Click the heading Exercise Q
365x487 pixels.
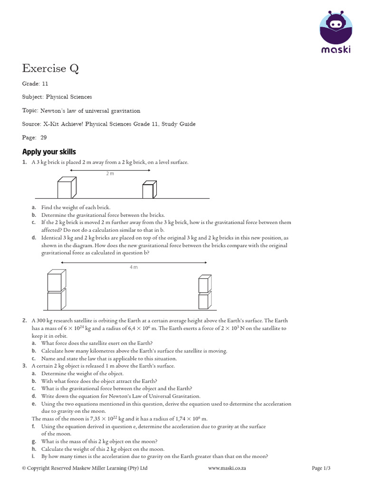click(x=50, y=68)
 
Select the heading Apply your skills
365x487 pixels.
click(x=49, y=152)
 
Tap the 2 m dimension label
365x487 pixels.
click(x=110, y=174)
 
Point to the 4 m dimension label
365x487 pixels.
click(x=134, y=268)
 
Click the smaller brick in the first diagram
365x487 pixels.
click(x=149, y=190)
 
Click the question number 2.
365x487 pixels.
click(x=24, y=321)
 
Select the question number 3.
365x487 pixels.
click(x=24, y=366)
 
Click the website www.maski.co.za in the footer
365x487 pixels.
click(x=227, y=468)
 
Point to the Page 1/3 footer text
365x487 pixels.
click(x=321, y=468)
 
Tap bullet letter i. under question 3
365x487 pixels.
click(x=33, y=457)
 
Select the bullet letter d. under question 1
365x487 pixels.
click(x=34, y=237)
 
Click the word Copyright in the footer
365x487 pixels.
click(x=40, y=468)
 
